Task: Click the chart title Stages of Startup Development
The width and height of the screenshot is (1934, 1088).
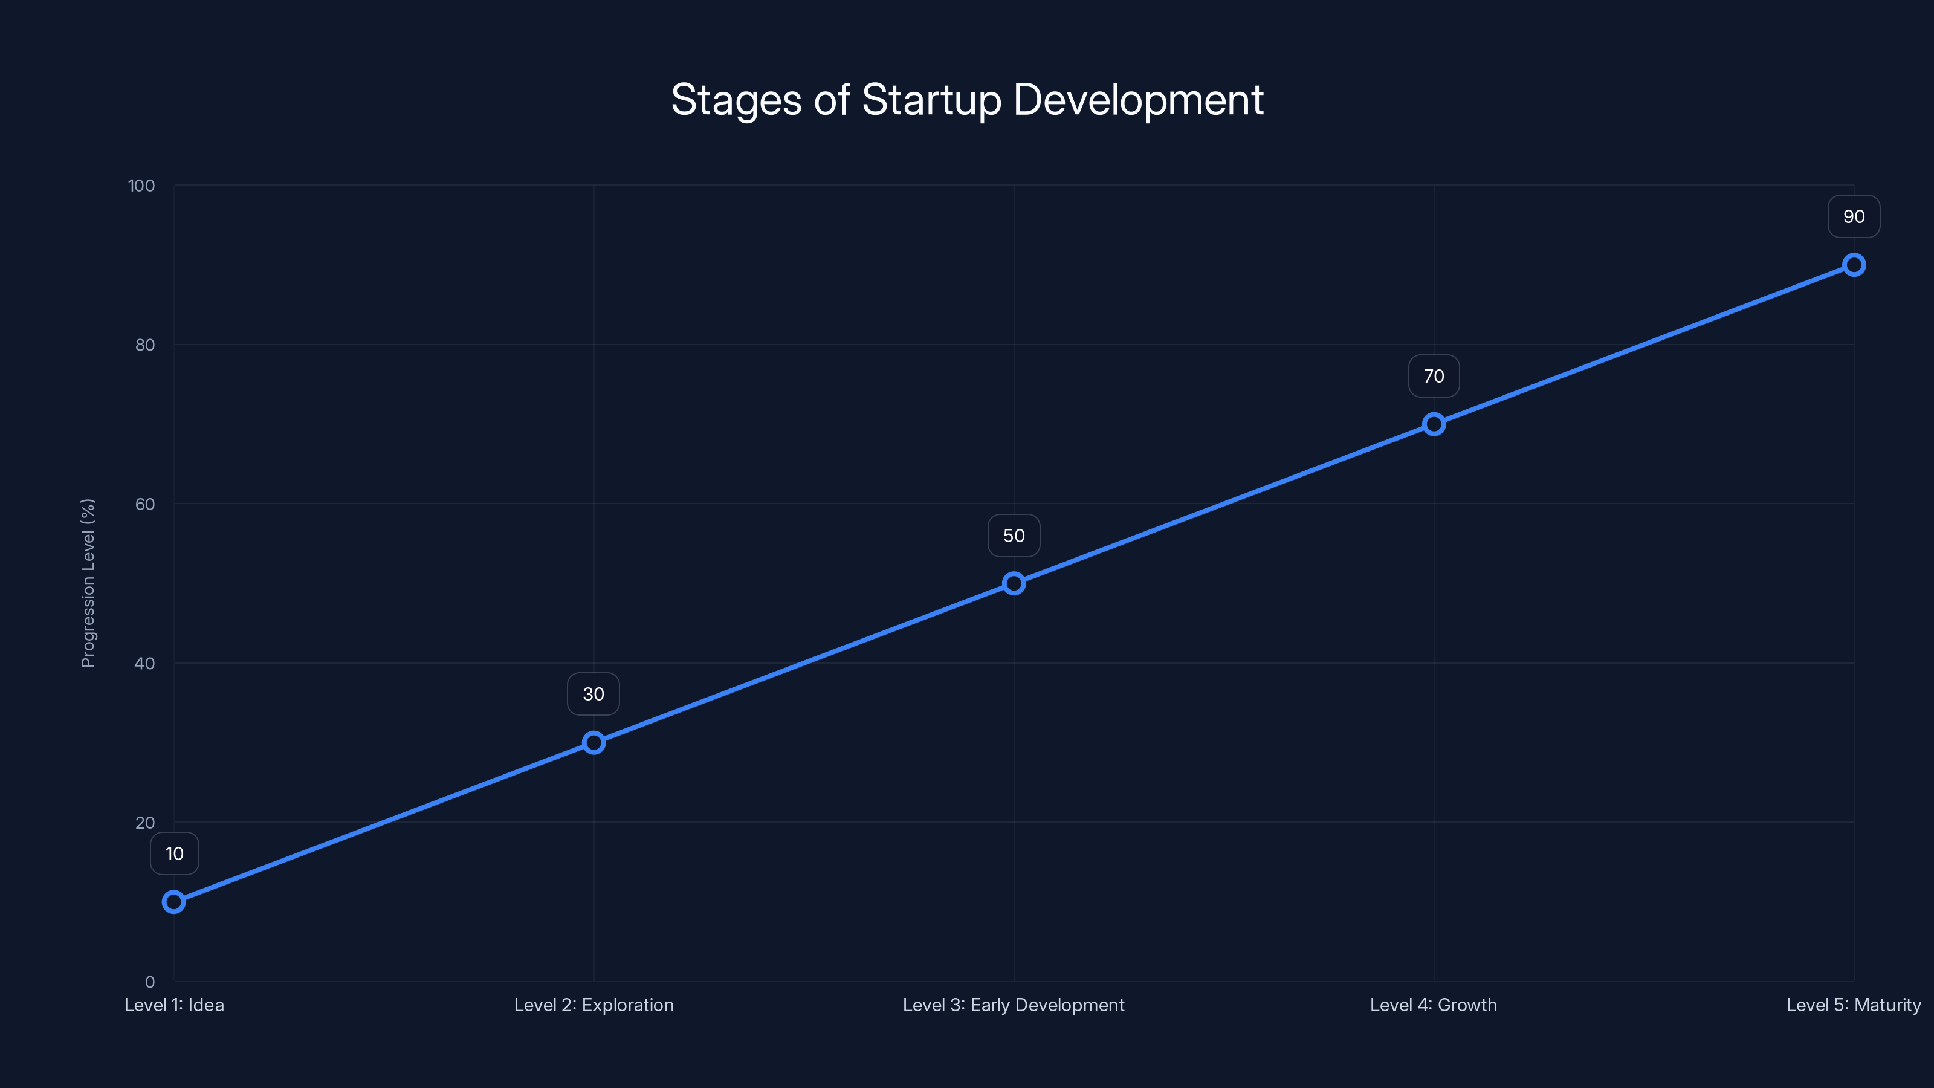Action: pyautogui.click(x=967, y=100)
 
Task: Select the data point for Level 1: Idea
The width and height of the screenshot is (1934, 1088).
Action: pyautogui.click(x=174, y=902)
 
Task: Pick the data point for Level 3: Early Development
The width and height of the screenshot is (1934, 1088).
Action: pyautogui.click(x=1014, y=583)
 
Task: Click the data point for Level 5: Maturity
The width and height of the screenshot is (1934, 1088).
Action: pyautogui.click(x=1854, y=265)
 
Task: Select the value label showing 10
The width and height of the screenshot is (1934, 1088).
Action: pyautogui.click(x=174, y=853)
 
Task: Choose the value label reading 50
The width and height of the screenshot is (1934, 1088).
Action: pyautogui.click(x=1014, y=536)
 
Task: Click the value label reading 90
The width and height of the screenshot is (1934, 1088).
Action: pyautogui.click(x=1854, y=217)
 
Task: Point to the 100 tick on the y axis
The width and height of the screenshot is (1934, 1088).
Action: pyautogui.click(x=141, y=186)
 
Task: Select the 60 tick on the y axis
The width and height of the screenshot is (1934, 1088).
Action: pyautogui.click(x=145, y=504)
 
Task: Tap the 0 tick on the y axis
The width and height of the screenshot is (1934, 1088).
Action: pyautogui.click(x=149, y=982)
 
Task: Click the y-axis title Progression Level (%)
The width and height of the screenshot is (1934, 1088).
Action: pyautogui.click(x=88, y=583)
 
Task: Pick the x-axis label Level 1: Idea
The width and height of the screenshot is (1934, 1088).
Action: pyautogui.click(x=174, y=1005)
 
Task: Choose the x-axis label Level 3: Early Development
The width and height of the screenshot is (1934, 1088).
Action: pyautogui.click(x=1014, y=1005)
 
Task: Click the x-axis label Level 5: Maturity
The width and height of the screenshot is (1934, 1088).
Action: pyautogui.click(x=1854, y=1005)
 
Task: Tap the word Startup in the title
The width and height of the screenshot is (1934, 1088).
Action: pyautogui.click(x=931, y=100)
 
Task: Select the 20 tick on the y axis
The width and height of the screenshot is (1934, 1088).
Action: pyautogui.click(x=145, y=822)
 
